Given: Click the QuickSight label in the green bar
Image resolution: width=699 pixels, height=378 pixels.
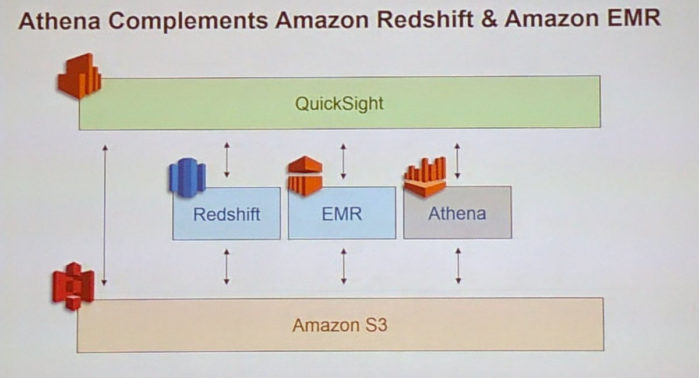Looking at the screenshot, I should point(339,104).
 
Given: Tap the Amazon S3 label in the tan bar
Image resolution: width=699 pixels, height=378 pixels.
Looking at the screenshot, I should point(340,324).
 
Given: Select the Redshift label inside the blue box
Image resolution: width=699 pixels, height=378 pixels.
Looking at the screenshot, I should point(227,214).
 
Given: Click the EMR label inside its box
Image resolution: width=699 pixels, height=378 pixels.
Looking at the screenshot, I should point(342,214).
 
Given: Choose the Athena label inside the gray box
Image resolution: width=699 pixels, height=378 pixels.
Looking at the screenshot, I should point(457,214).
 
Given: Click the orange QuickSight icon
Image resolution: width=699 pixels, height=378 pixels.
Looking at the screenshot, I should point(79,76).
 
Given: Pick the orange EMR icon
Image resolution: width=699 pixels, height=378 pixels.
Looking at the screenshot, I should point(305,175).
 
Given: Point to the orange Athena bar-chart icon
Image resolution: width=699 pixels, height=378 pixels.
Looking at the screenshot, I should point(425,176).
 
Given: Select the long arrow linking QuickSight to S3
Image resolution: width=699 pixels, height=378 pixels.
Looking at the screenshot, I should point(105,215).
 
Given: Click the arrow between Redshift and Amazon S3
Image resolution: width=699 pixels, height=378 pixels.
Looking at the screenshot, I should point(227,266).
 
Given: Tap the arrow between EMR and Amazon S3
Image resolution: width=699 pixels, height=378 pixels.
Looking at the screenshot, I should point(343,266).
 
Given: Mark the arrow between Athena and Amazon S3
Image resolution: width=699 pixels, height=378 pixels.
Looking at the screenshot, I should point(458,266).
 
